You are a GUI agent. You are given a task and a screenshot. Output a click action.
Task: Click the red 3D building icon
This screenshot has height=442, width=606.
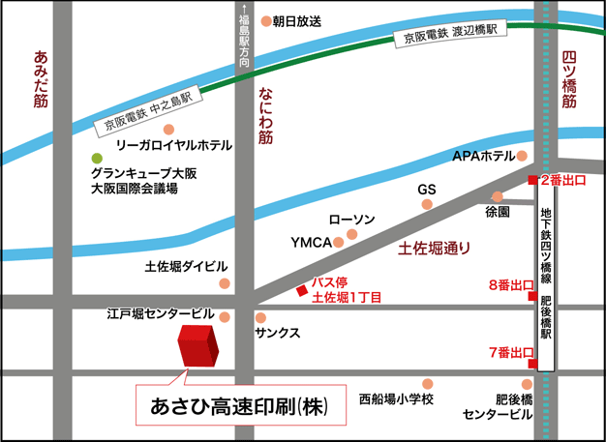point(198,346)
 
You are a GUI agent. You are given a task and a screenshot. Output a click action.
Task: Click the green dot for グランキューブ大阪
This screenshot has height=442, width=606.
point(97,158)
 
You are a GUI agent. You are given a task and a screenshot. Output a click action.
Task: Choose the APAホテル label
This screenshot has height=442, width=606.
point(483,156)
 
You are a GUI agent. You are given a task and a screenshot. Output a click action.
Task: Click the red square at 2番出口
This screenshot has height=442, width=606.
point(531,180)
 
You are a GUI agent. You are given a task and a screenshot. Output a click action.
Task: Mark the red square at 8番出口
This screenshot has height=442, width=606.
point(531,296)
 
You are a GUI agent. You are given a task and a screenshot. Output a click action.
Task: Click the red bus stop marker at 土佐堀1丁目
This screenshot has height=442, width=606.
point(302,291)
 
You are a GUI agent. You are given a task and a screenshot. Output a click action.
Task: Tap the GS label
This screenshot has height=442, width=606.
point(427,190)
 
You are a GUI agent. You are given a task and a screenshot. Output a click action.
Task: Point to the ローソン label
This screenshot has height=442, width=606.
point(351,221)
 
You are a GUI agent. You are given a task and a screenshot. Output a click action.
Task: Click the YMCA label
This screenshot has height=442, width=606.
point(311,241)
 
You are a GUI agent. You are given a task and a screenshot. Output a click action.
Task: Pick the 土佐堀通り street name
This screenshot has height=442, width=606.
point(435,249)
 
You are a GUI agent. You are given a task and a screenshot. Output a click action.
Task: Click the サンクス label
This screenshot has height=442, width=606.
point(277,333)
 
